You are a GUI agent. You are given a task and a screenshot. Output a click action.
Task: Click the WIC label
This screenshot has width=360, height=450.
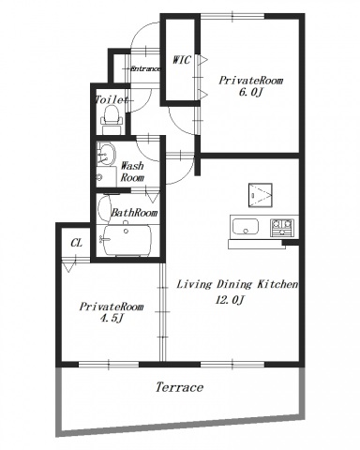point(181,60)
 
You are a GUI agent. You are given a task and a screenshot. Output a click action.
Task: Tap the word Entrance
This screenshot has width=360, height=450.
point(145,68)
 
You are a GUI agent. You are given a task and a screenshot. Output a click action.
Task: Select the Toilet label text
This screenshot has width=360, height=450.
point(112,100)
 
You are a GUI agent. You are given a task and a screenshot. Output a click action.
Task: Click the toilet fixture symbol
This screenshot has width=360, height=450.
point(111,120)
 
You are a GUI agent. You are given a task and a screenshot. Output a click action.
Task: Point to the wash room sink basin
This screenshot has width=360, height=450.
point(106,154)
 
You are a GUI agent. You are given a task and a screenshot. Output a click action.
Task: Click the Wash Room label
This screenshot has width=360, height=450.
point(132,172)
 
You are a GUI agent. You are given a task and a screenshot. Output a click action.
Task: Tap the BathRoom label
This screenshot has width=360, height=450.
point(134,213)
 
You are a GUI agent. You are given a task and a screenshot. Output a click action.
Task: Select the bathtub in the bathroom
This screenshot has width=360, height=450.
point(127,240)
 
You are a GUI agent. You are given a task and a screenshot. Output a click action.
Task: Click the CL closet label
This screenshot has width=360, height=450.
point(76,243)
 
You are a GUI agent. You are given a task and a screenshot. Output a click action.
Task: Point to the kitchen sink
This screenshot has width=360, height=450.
point(246,226)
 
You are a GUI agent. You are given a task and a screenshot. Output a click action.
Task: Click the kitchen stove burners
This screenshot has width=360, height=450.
point(282,227)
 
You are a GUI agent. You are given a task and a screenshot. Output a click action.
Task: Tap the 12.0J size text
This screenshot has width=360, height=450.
point(229,300)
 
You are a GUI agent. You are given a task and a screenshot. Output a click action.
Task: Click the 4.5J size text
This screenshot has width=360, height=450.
point(111,319)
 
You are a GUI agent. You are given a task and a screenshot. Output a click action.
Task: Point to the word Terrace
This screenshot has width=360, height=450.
point(179,387)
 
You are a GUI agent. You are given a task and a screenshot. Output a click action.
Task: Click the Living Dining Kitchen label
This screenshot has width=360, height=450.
point(237,284)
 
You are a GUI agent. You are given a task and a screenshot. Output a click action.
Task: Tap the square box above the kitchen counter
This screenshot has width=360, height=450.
point(261,195)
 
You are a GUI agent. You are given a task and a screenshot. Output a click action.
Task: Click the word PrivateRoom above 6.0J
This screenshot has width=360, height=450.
point(250,81)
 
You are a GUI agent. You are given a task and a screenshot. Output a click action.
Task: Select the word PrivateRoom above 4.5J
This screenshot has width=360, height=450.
point(112,307)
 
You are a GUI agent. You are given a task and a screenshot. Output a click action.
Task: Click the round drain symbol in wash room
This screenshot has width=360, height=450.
point(99,177)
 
